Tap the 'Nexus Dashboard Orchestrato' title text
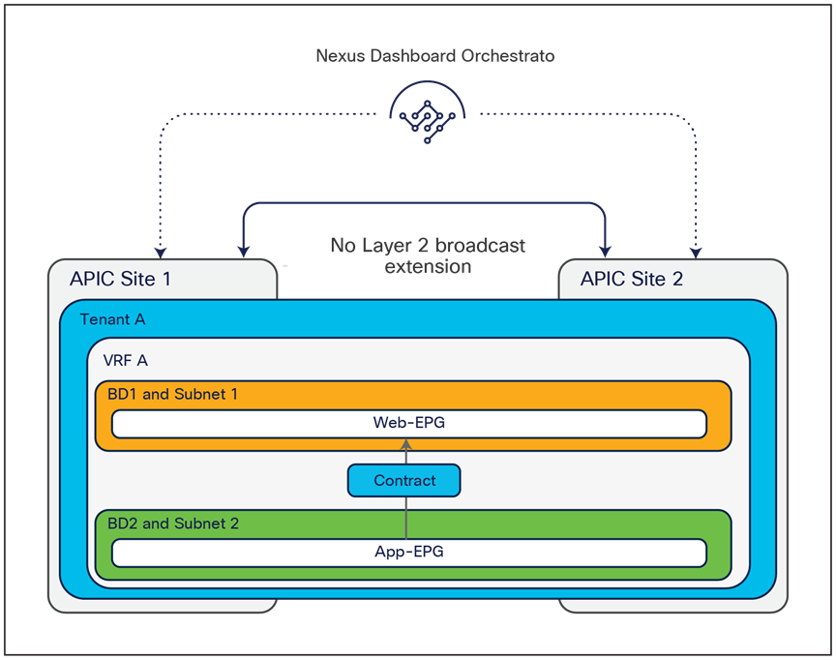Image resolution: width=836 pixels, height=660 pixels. coord(435,56)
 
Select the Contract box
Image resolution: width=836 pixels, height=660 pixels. coord(404,480)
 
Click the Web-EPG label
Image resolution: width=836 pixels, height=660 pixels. coord(408,423)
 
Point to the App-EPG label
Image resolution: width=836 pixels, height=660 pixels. coord(408,552)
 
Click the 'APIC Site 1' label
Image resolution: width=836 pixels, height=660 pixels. coord(120,280)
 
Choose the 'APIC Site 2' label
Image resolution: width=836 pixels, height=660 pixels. coord(631,280)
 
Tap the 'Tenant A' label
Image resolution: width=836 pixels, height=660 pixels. coord(112,319)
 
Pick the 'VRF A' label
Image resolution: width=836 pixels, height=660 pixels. coord(125,360)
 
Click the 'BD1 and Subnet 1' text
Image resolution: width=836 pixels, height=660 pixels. coord(172,395)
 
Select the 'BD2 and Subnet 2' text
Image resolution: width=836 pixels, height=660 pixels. coord(172,524)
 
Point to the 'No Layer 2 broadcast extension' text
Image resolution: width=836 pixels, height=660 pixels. coord(428,255)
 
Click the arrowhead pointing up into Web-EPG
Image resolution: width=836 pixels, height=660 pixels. coord(406,443)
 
